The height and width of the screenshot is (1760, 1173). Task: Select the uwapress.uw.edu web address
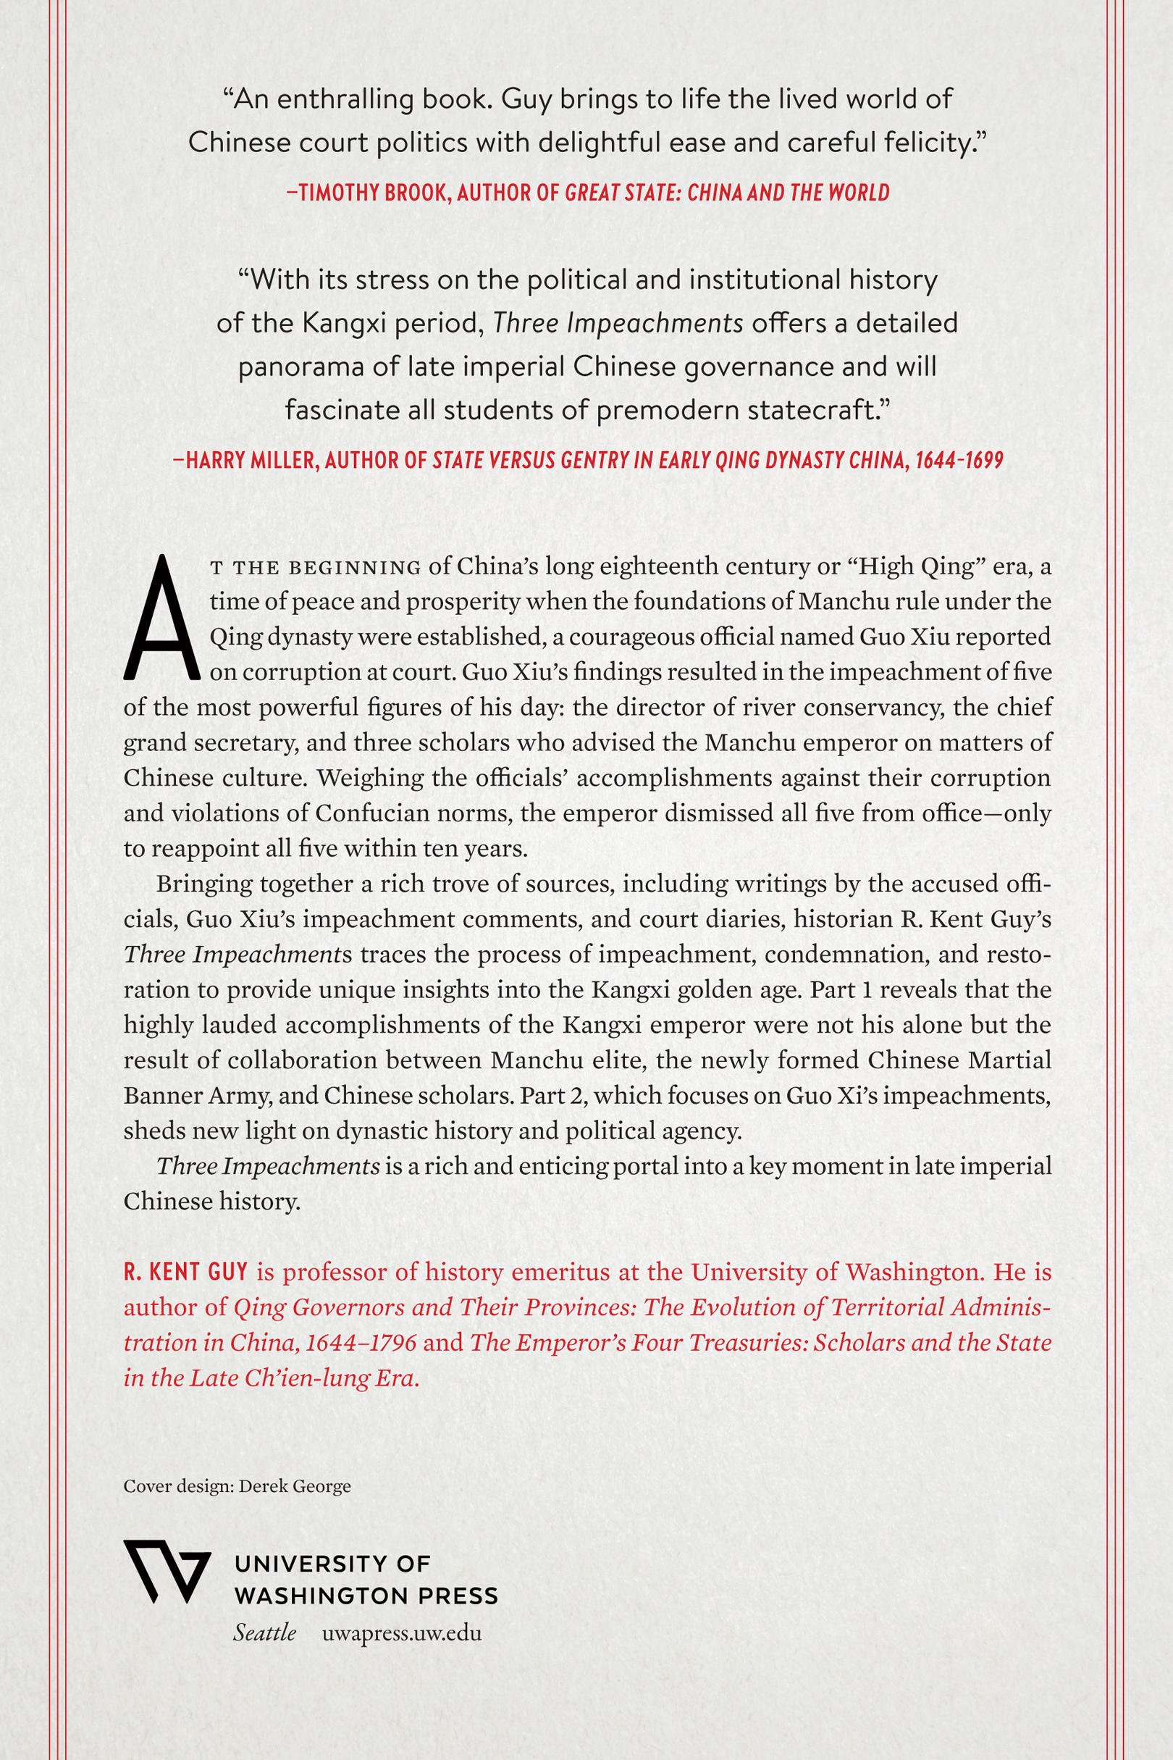coord(402,1632)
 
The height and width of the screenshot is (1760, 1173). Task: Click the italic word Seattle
coord(264,1632)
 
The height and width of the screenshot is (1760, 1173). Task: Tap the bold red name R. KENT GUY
coord(185,1272)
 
